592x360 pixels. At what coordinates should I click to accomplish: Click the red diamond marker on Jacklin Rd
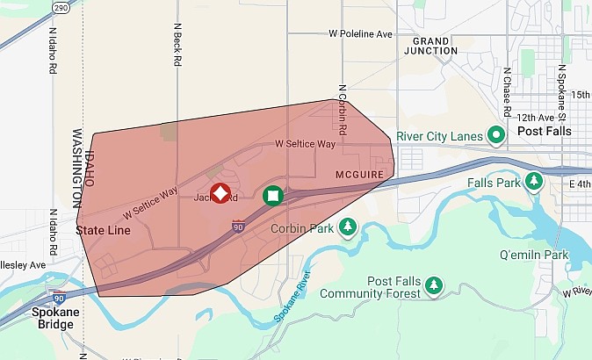[220, 193]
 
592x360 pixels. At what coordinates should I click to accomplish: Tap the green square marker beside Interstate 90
[273, 195]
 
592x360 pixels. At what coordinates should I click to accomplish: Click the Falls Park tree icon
[533, 181]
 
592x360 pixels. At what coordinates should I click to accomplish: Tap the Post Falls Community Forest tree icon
[433, 285]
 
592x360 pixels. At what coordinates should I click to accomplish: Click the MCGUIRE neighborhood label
[359, 175]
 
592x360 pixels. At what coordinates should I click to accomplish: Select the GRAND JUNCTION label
[430, 46]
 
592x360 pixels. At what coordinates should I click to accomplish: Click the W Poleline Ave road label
[360, 33]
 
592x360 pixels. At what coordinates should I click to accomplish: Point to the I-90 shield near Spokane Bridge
[58, 298]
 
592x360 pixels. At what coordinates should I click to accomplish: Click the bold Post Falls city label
[545, 131]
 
